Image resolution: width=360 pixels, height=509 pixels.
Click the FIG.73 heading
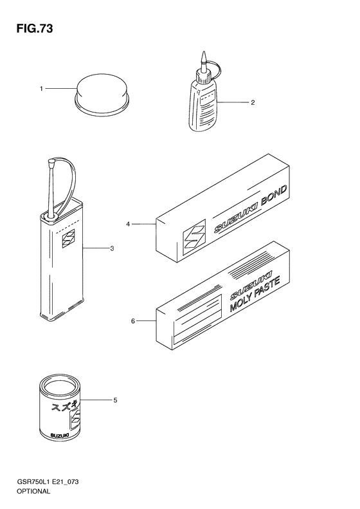tap(35, 29)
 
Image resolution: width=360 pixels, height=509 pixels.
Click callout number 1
tap(41, 89)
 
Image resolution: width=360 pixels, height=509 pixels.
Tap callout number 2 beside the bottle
tap(253, 102)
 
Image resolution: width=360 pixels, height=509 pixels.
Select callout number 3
tap(112, 249)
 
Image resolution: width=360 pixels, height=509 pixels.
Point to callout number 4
tap(128, 224)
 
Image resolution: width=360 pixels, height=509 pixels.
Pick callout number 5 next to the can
tap(115, 400)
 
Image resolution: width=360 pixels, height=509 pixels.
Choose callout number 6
tap(132, 321)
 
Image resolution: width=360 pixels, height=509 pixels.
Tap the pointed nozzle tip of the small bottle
tap(204, 52)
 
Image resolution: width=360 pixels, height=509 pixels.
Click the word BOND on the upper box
tap(274, 196)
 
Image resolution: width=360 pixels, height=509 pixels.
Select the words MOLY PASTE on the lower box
tap(255, 295)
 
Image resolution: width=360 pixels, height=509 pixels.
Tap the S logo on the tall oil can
tap(68, 239)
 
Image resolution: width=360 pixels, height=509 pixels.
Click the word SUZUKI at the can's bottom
tap(59, 435)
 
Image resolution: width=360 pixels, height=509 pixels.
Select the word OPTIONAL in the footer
tap(33, 491)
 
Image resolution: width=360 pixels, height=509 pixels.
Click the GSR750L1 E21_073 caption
tap(48, 482)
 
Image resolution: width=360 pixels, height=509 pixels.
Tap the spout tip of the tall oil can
tap(51, 161)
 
